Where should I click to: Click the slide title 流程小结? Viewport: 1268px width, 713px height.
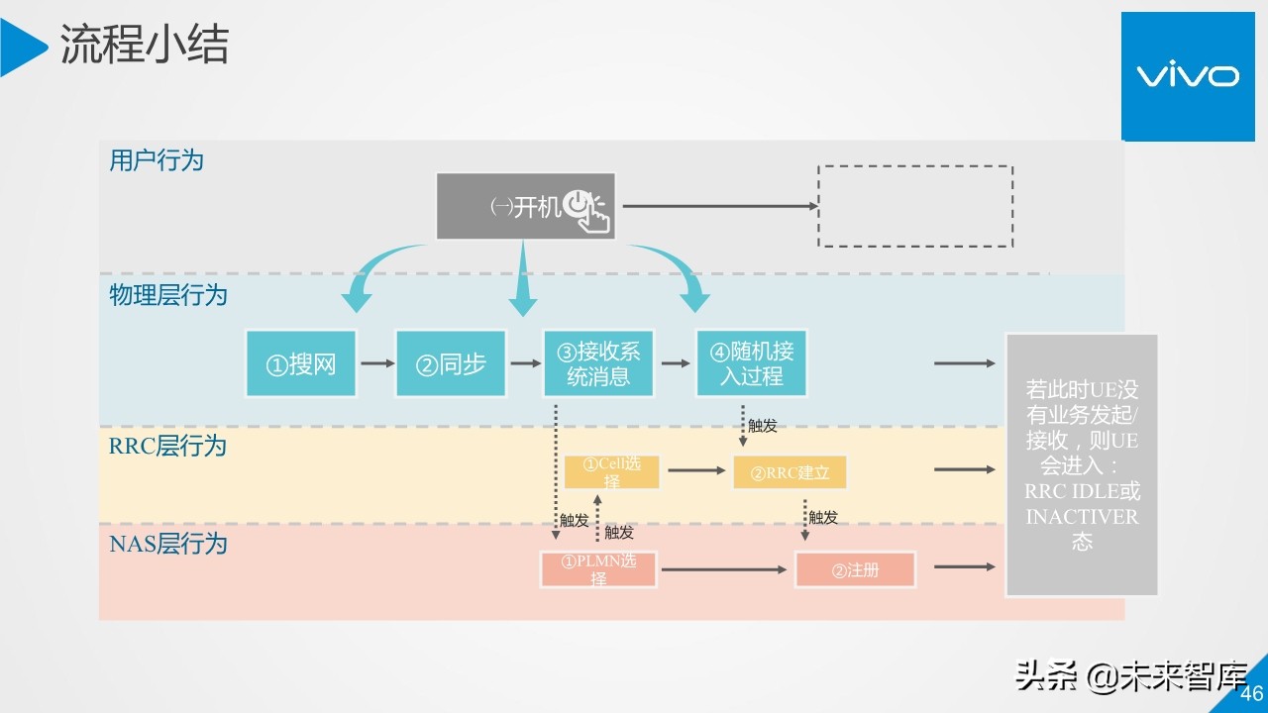click(145, 46)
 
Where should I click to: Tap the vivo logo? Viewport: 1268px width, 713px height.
click(1187, 76)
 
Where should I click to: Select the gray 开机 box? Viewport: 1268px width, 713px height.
click(525, 207)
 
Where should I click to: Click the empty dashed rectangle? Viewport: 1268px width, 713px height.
click(914, 206)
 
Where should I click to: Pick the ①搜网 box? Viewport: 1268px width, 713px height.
click(301, 364)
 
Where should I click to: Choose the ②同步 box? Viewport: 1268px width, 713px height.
click(451, 364)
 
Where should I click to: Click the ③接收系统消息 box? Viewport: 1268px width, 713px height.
click(598, 363)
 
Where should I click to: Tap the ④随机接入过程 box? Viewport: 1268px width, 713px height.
click(751, 363)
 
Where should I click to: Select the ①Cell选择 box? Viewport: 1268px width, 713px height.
click(611, 472)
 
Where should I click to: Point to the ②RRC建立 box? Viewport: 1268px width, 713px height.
click(790, 472)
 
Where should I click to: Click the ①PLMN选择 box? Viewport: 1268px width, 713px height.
click(598, 569)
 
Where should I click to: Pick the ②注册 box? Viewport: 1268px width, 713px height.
click(855, 569)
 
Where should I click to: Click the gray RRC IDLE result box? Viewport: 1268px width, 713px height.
click(1082, 464)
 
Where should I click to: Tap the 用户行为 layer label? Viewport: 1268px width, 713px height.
click(157, 160)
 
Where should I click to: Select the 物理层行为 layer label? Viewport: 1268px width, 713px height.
click(168, 295)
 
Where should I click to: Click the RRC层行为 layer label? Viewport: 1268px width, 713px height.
click(168, 446)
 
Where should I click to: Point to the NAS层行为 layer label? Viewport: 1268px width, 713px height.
click(168, 543)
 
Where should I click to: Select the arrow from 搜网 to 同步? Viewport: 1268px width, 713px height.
click(376, 364)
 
